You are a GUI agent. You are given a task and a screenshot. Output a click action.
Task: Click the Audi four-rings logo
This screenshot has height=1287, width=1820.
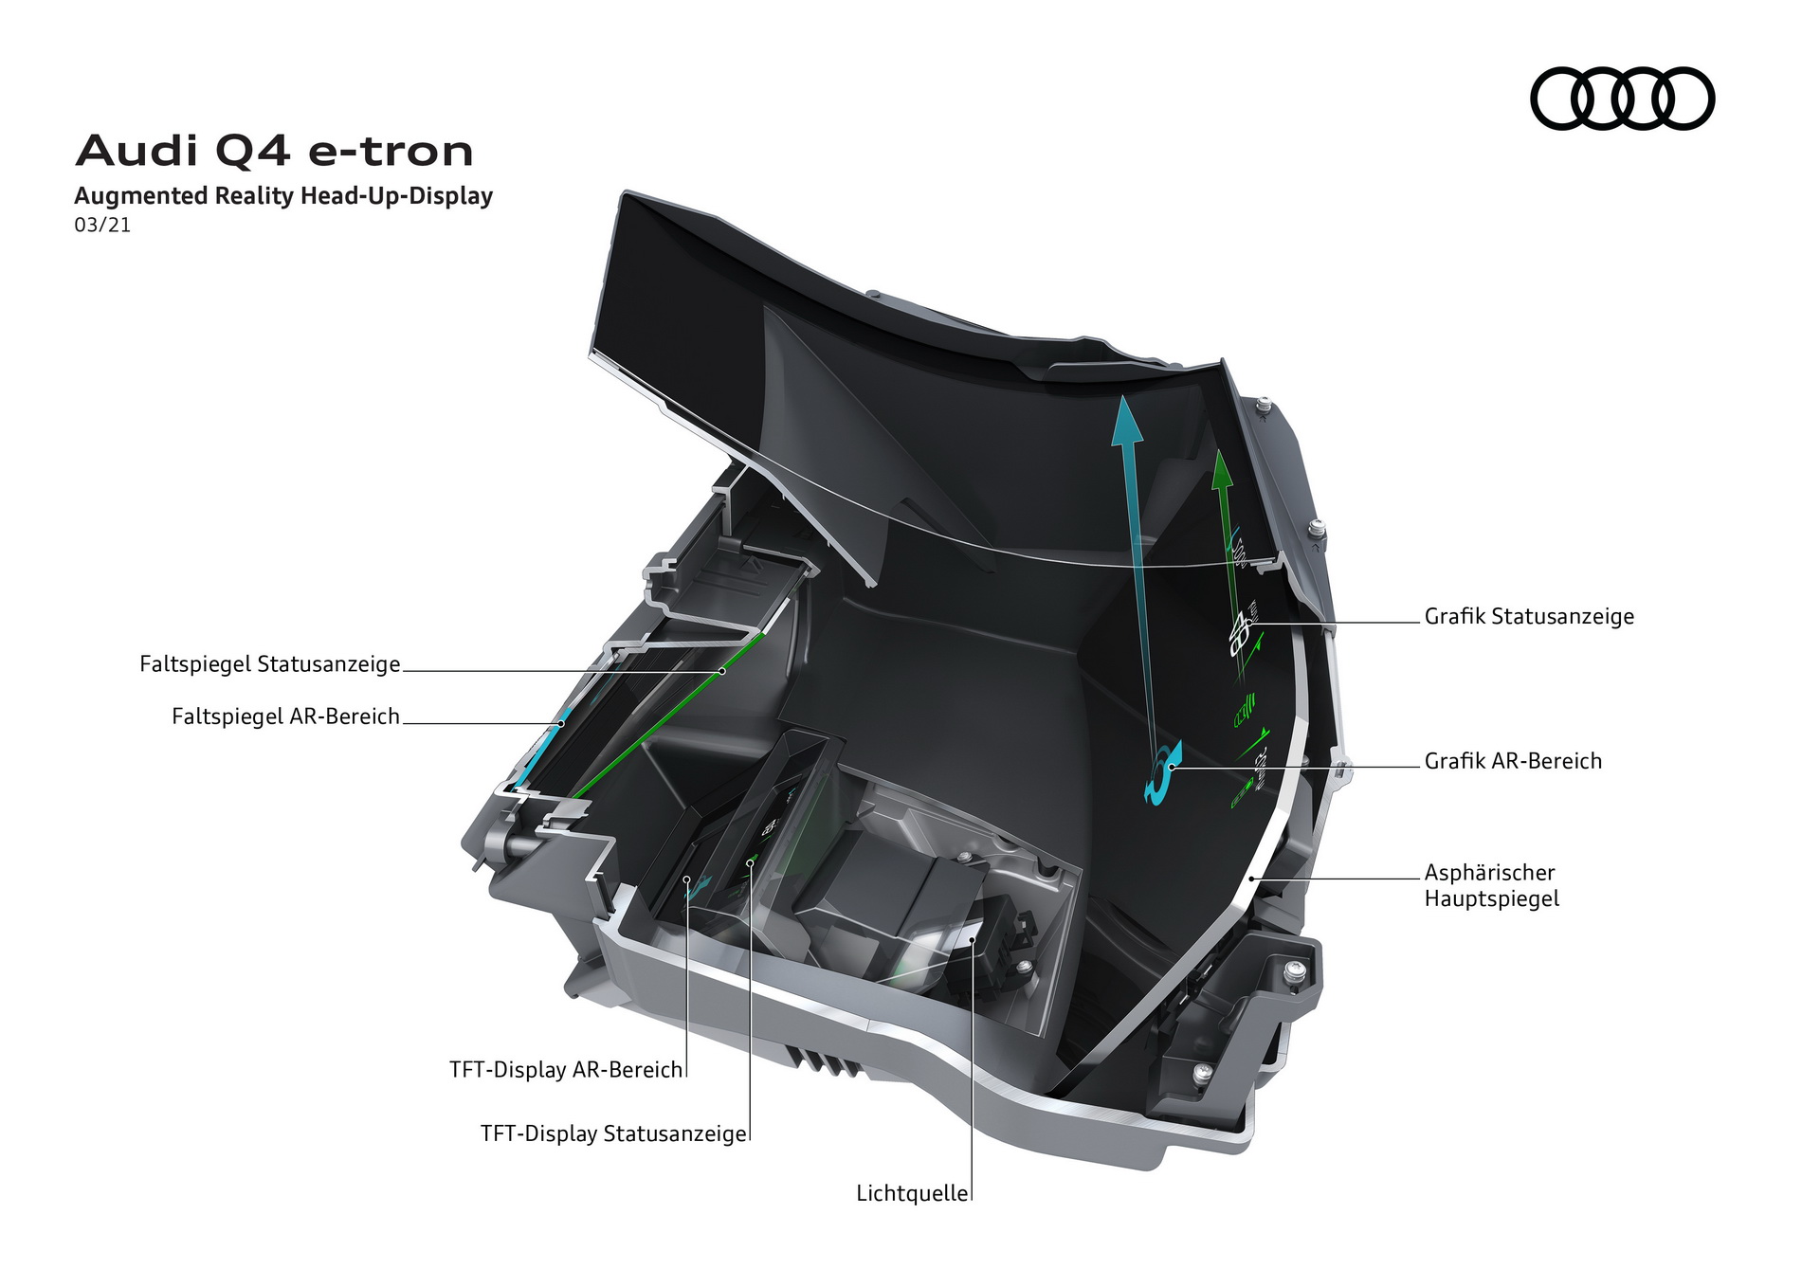click(x=1622, y=99)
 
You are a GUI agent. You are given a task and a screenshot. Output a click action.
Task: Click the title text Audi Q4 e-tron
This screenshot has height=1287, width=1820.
click(x=274, y=151)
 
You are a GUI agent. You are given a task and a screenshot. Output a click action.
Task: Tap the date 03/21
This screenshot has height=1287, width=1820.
click(x=102, y=226)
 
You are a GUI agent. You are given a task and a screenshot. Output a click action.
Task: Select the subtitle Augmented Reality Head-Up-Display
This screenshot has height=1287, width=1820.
click(x=283, y=196)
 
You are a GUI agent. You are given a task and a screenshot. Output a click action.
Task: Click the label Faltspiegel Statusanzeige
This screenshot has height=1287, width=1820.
click(x=270, y=664)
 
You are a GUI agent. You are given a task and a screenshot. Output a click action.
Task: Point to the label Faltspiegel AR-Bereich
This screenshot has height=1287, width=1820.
click(x=285, y=716)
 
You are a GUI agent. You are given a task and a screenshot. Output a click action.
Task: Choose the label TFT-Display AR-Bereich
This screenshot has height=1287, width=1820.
click(x=566, y=1070)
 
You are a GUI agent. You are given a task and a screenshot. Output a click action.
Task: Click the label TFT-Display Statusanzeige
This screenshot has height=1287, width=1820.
click(x=613, y=1133)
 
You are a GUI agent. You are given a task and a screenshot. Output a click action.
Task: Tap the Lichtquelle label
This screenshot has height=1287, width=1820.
click(x=912, y=1193)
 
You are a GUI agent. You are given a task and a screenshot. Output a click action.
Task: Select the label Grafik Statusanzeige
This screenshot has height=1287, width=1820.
click(x=1529, y=617)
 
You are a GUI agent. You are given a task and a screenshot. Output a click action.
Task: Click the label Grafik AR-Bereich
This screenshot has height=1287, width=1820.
click(x=1513, y=761)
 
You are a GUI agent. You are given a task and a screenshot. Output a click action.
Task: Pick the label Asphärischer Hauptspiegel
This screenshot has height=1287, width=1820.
click(x=1491, y=885)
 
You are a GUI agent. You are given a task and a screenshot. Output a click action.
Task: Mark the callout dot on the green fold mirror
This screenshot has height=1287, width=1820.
click(x=721, y=671)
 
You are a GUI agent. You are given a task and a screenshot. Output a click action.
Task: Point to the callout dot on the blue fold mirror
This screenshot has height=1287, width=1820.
click(x=561, y=723)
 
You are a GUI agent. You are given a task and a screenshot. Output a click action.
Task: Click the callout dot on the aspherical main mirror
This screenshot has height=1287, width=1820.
click(x=1252, y=879)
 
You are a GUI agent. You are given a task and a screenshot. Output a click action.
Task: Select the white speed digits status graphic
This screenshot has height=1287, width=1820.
click(x=1240, y=632)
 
